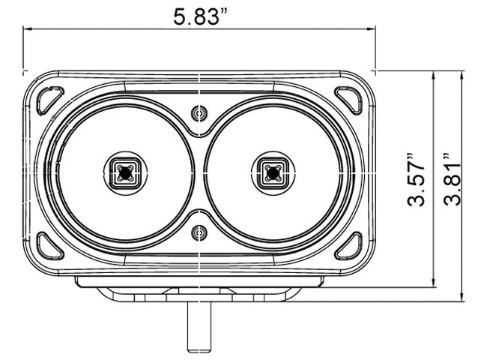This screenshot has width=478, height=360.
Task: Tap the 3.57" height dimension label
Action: tap(416, 181)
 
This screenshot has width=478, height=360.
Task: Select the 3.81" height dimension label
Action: tap(452, 179)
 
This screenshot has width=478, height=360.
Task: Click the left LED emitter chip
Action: tap(125, 173)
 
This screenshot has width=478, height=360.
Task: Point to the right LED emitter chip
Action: tap(273, 173)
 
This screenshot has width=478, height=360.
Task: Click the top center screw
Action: tap(199, 113)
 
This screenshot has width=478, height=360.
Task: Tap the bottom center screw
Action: tap(199, 233)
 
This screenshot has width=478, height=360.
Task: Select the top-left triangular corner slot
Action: tap(49, 100)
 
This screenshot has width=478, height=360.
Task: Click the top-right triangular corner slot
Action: tap(348, 100)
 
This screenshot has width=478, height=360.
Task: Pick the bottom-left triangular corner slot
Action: tap(49, 246)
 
